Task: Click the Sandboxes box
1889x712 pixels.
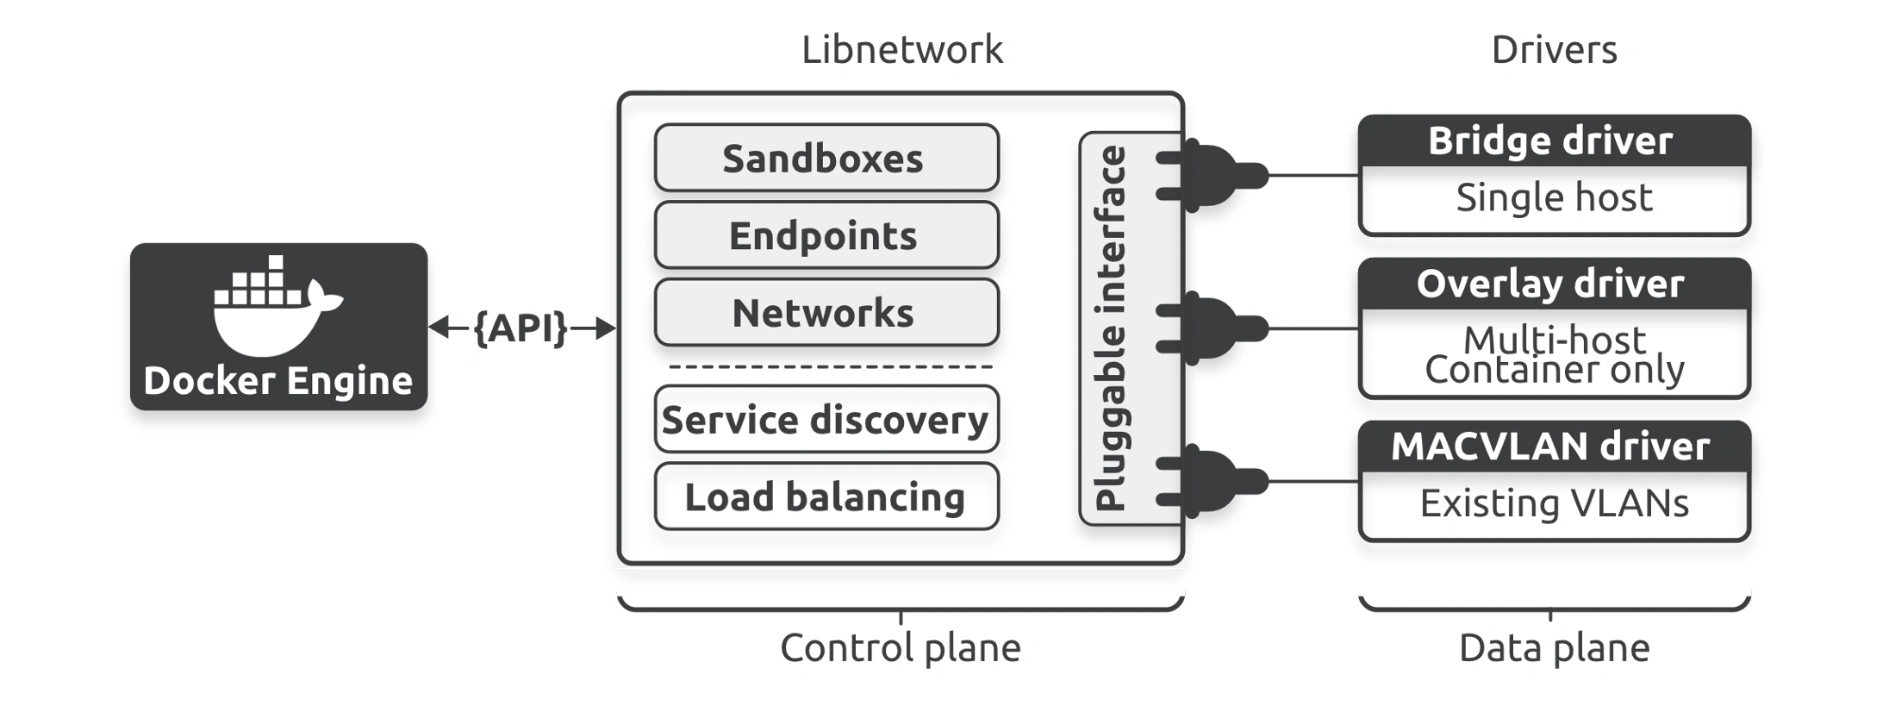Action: [x=826, y=158]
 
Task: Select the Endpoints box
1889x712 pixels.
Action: [x=826, y=235]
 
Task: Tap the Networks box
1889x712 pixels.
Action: [x=826, y=312]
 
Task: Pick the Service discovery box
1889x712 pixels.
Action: [x=826, y=420]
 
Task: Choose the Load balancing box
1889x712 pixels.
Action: [x=826, y=497]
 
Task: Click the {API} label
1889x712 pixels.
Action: [x=521, y=328]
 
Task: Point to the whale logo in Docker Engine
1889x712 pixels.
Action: [x=277, y=305]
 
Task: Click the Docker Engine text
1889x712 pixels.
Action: [x=278, y=381]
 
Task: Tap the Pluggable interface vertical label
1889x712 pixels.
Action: [x=1110, y=328]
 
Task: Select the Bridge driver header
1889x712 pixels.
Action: [x=1555, y=141]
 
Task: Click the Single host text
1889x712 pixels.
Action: [x=1555, y=197]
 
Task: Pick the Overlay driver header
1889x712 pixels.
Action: [x=1555, y=284]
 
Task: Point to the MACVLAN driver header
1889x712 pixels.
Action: [x=1555, y=447]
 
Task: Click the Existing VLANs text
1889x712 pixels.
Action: [x=1555, y=503]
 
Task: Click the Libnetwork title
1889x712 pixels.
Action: [x=902, y=49]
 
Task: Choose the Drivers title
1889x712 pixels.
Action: [x=1555, y=49]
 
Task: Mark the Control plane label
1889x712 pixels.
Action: [x=901, y=647]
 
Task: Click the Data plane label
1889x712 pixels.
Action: [x=1555, y=647]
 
